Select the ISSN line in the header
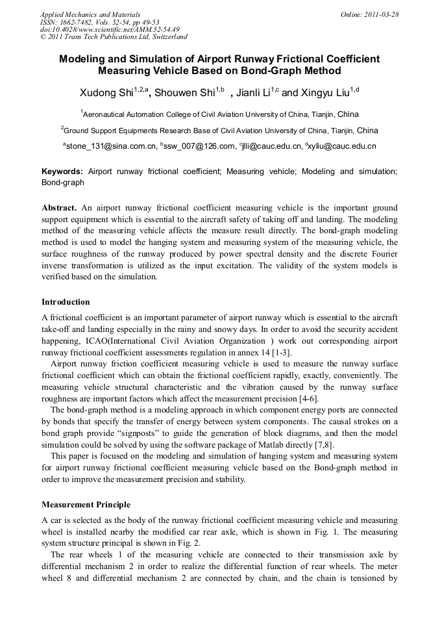(x=95, y=22)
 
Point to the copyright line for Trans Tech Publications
(x=114, y=38)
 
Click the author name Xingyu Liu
(x=326, y=94)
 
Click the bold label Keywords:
(x=62, y=172)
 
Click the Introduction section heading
(x=66, y=302)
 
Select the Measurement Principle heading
(x=86, y=505)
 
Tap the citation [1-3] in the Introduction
(x=280, y=353)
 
